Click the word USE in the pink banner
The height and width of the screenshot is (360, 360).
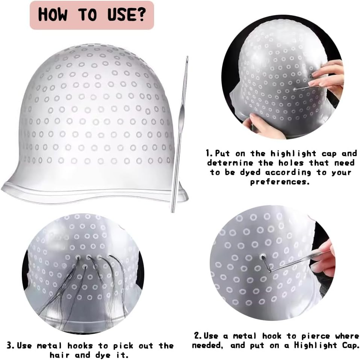[x=119, y=15]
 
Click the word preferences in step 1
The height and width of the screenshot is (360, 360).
[x=280, y=182]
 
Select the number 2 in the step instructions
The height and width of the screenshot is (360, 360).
[x=196, y=336]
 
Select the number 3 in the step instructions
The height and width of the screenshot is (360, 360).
[x=9, y=345]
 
